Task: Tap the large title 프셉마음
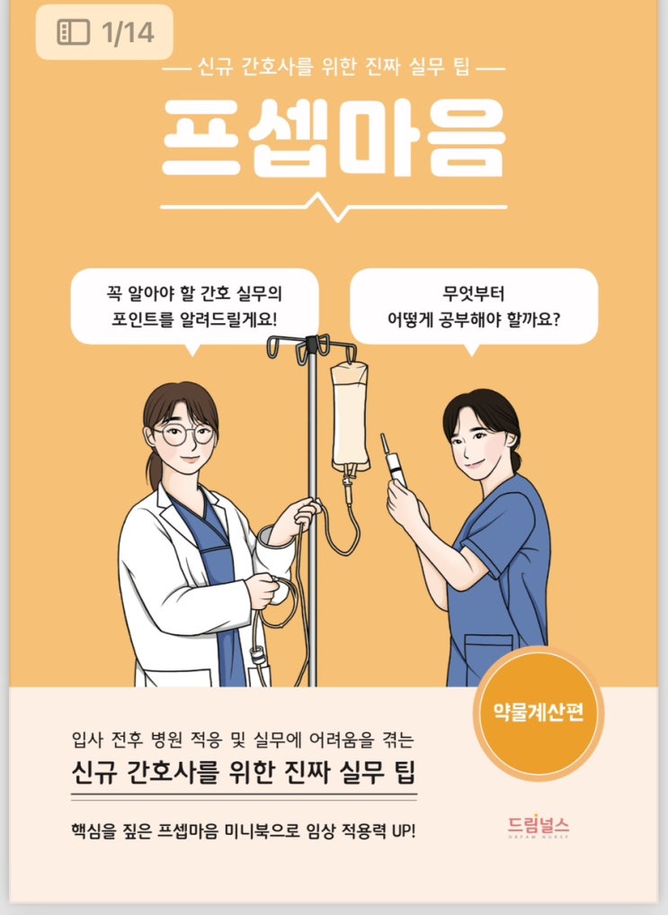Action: click(x=334, y=139)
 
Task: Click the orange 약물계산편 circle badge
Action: click(x=538, y=713)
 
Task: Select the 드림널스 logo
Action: click(x=538, y=826)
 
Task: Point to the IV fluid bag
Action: click(x=350, y=416)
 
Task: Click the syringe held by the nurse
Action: click(x=394, y=461)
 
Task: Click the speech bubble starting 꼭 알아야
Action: click(x=194, y=307)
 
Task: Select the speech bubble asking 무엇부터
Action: click(x=473, y=307)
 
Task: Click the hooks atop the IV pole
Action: click(x=312, y=349)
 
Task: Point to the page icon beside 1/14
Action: click(x=74, y=32)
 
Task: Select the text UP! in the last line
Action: click(x=404, y=830)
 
